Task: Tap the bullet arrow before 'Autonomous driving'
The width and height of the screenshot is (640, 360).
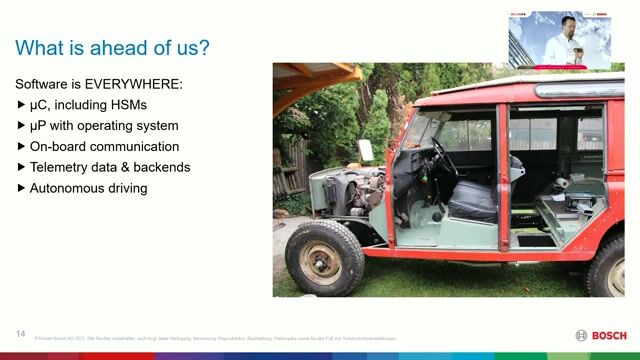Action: coord(22,188)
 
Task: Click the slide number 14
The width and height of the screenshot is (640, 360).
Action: coord(20,333)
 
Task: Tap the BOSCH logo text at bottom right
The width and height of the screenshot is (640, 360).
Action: coord(609,335)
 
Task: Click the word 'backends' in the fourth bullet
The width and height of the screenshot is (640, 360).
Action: coord(158,167)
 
